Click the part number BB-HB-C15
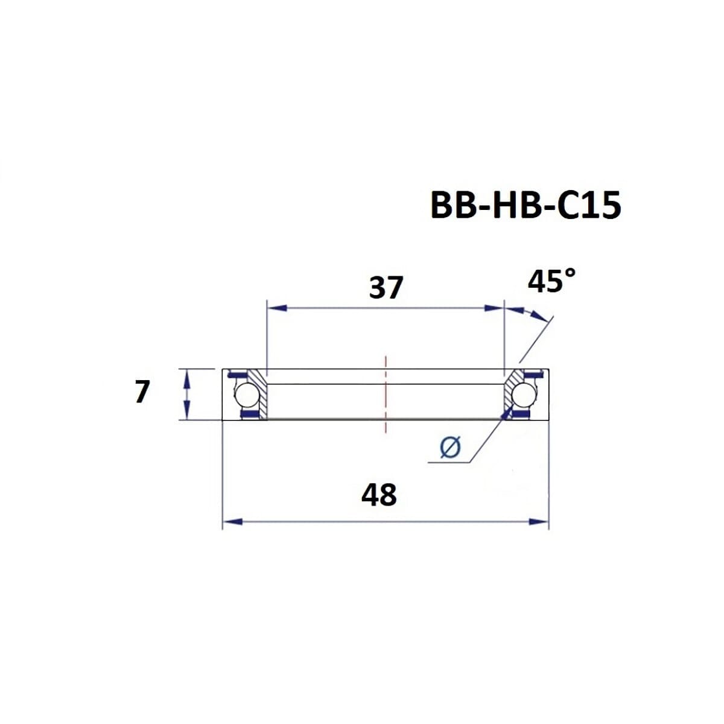525,205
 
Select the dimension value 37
386,288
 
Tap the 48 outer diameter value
379,495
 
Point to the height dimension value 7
141,392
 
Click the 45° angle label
551,281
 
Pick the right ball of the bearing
522,395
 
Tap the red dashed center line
385,395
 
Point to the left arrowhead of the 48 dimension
232,521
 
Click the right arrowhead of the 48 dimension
539,521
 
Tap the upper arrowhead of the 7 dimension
187,377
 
